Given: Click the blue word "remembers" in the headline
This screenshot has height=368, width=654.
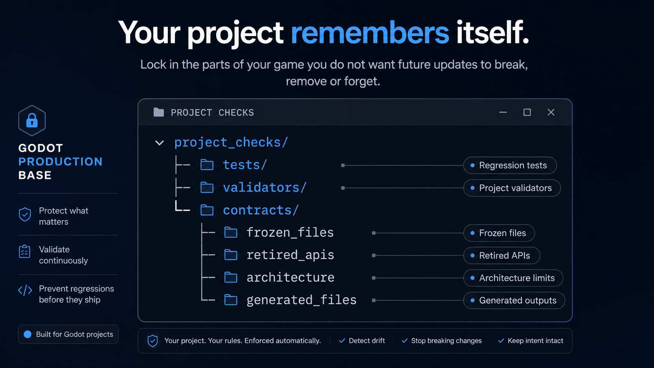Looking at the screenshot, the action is coord(370,32).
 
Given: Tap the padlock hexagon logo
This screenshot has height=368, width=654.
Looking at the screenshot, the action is coord(32,120).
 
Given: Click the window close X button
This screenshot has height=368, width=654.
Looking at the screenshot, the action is coord(551,112).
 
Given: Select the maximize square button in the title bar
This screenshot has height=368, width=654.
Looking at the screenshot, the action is coord(527,112).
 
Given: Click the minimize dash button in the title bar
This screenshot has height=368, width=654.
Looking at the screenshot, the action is coord(503,112).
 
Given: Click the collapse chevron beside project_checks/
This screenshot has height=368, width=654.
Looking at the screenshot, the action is coord(160,143).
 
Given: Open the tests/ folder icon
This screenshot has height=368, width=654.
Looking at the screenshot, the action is coord(207,165).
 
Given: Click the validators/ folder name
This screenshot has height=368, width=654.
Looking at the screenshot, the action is coord(265,187).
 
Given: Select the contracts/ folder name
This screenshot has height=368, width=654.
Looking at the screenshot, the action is coord(261,210).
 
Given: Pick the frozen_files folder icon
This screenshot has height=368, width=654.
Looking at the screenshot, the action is coord(231,233).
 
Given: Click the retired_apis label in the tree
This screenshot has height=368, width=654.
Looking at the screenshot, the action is coord(290,255).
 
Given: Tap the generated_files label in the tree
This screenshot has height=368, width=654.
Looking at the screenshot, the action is coord(302,300).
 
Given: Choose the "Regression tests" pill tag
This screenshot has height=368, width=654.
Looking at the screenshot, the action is coord(510,165).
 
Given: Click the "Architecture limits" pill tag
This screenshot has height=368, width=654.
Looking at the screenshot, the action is coord(513,278).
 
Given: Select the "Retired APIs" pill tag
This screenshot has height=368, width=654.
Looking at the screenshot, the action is coord(501,256).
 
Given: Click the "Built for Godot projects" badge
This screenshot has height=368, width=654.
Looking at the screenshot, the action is coord(68,334).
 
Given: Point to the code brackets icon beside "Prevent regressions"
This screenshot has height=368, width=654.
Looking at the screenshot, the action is coord(25,291).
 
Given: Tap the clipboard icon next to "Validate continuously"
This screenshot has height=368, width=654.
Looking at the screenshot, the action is coord(25,251).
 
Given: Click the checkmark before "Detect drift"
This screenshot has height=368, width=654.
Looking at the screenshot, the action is coord(342,341).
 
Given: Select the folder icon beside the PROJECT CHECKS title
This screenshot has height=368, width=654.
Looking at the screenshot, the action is coord(158,112).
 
